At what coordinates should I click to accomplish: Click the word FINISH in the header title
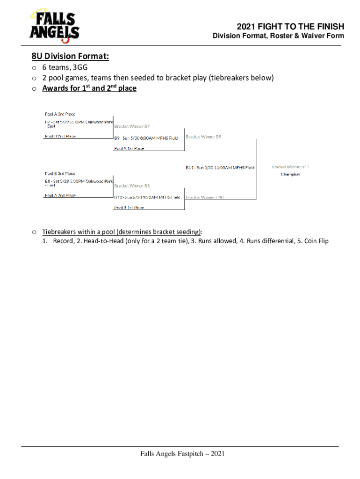coord(329,27)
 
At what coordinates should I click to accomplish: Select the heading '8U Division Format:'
coord(71,57)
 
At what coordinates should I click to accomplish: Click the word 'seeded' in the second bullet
coord(156,78)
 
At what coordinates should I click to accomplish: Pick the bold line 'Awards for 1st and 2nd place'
coord(89,88)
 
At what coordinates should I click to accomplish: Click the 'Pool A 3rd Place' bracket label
coord(60,114)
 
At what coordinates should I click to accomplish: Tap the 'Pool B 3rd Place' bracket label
coord(60,174)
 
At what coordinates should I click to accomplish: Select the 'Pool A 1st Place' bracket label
coord(129,148)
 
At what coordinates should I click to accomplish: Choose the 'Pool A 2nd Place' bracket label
coord(60,196)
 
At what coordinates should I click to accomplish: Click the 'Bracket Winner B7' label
coord(132,126)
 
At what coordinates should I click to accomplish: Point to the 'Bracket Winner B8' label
coord(132,186)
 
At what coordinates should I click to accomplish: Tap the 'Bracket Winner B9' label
coord(203,137)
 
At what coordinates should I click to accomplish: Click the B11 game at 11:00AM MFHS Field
coord(220,167)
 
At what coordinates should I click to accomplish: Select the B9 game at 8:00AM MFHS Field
coord(146,138)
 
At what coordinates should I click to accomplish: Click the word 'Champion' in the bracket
coord(290,174)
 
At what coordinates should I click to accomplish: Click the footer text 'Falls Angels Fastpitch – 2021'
coord(180,454)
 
